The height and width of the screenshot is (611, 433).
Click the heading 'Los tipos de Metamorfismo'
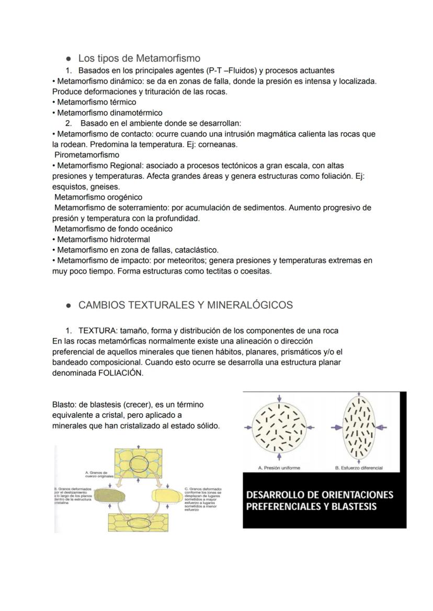139,58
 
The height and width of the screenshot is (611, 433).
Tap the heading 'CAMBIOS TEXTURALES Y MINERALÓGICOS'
185,305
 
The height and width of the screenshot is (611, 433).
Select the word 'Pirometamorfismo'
87,155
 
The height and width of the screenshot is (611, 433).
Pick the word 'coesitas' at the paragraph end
256,271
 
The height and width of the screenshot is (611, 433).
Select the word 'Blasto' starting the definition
64,405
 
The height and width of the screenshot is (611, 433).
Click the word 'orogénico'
125,197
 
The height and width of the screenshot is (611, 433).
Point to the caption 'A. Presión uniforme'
279,468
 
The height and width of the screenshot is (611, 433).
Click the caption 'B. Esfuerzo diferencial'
359,468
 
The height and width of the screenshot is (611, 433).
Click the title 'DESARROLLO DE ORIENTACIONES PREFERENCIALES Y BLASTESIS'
319,500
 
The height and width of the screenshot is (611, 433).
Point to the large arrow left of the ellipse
336,427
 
